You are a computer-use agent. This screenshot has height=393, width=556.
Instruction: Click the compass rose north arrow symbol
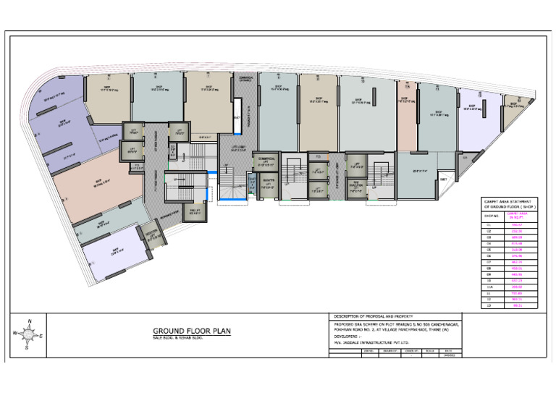[x=28, y=334]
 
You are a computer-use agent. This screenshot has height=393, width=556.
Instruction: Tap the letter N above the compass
[x=28, y=320]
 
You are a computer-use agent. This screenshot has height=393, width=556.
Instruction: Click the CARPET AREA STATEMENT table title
[x=507, y=203]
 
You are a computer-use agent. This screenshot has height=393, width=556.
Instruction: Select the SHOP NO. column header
[x=492, y=215]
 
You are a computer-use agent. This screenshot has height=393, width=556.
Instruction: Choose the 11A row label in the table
[x=492, y=286]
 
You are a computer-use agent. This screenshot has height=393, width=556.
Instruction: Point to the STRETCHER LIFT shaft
[x=268, y=183]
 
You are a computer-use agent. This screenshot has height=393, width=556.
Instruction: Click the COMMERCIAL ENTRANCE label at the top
[x=245, y=80]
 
